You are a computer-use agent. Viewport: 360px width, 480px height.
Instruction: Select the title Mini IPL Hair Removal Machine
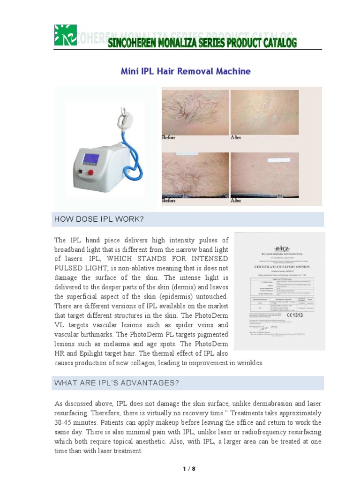[x=186, y=71]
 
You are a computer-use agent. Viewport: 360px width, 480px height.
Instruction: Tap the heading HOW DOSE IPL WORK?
[x=99, y=219]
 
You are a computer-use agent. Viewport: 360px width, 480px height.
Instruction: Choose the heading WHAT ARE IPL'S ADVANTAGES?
[x=117, y=383]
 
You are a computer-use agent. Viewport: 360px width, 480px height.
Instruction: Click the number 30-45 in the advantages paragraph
[x=66, y=423]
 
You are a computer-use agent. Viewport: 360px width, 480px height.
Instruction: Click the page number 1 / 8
[x=188, y=468]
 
